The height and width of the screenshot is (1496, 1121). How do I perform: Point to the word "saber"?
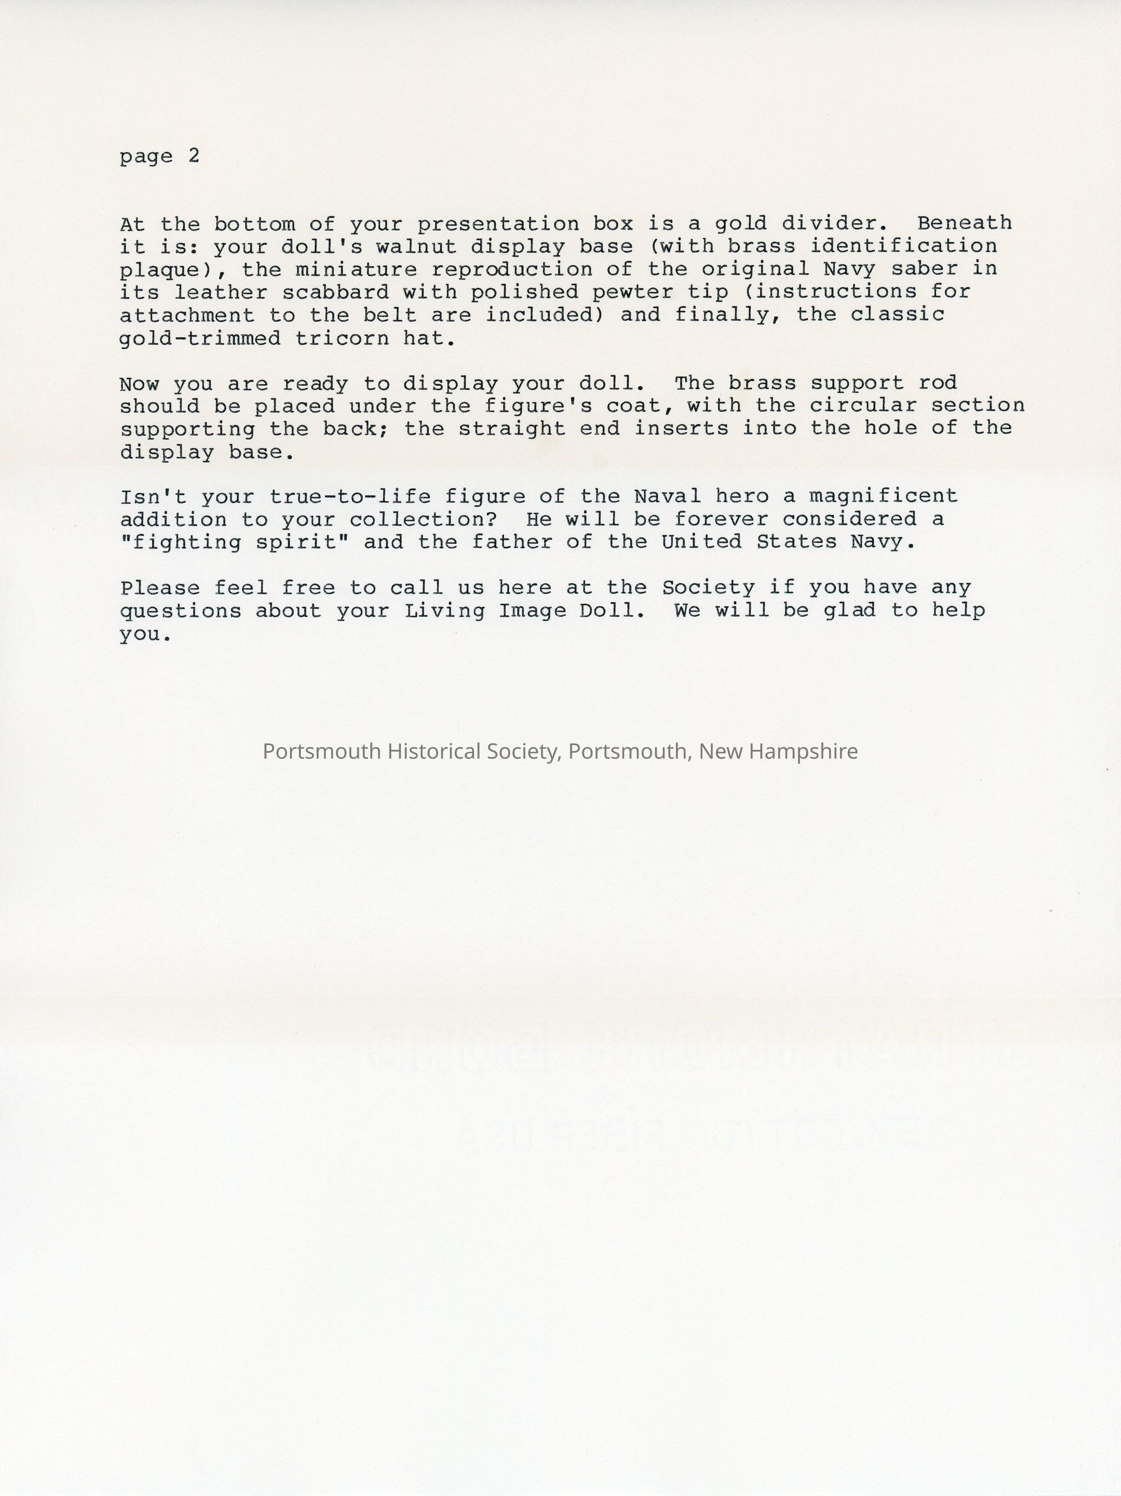point(924,269)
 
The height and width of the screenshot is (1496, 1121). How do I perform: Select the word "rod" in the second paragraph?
point(938,383)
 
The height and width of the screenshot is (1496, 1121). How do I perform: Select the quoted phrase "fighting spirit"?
point(228,542)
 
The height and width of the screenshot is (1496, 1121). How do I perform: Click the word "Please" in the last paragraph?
point(160,588)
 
